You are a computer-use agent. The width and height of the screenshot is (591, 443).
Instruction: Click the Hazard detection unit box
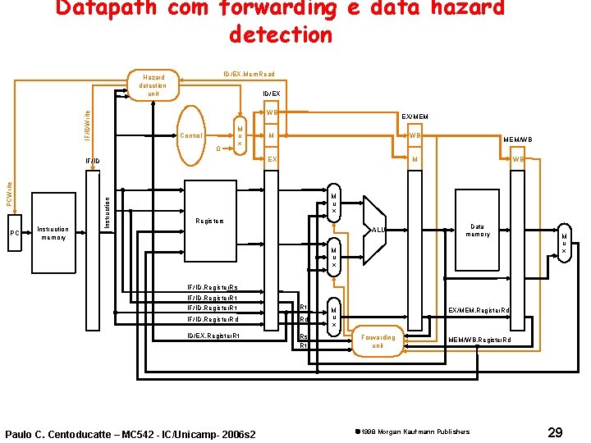tap(153, 85)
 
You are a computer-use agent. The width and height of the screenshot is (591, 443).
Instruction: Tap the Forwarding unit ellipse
tap(378, 340)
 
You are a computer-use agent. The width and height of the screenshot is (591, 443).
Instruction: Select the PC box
tap(14, 234)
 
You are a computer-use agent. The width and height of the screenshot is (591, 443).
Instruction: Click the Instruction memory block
tap(54, 234)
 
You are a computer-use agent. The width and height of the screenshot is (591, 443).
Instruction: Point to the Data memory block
tap(477, 231)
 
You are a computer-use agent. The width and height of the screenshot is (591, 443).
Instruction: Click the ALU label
tap(379, 231)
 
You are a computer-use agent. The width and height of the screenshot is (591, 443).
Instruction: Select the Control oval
tap(191, 135)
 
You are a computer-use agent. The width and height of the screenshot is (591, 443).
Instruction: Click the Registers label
tap(208, 221)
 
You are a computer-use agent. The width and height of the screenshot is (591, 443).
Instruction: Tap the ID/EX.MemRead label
tap(243, 74)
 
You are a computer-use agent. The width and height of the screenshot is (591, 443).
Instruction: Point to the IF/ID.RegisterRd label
tap(213, 319)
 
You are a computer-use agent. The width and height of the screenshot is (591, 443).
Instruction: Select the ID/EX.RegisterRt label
tap(213, 336)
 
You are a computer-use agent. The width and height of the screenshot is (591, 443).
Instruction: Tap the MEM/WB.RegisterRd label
tap(479, 340)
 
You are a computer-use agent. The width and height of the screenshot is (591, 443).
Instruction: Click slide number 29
tap(555, 432)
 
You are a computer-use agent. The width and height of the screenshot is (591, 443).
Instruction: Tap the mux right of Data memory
tap(563, 239)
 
